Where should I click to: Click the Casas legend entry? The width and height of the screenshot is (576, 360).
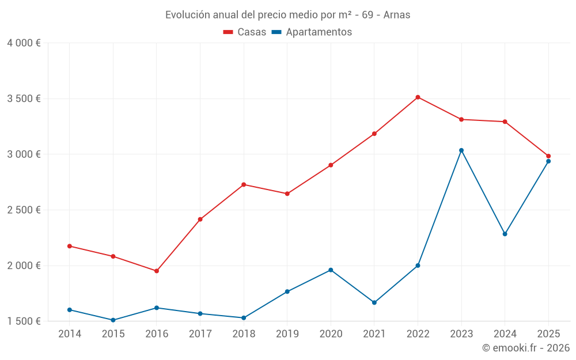coord(245,32)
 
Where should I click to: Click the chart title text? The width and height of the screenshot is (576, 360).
coord(287,15)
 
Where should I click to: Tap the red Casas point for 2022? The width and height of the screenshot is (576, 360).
coord(418,97)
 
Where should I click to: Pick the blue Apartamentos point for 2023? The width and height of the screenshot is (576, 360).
coord(461,150)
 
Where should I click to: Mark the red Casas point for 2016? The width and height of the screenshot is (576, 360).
coord(157,271)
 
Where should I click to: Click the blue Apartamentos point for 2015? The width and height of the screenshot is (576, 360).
coord(113,320)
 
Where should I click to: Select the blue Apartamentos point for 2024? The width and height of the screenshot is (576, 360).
coord(505,234)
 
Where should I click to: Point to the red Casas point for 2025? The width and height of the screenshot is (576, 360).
coord(548,156)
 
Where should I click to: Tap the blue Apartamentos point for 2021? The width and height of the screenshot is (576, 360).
coord(374,302)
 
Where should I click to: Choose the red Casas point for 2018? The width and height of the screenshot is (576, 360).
coord(244,184)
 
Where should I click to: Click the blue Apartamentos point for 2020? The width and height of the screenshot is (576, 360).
coord(331,270)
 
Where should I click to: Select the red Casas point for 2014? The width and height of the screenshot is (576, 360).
coord(70,246)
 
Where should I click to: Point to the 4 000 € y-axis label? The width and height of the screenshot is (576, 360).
coord(24,43)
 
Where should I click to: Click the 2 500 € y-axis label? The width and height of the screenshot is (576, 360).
coord(24,210)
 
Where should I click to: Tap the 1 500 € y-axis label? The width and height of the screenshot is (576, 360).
coord(24,321)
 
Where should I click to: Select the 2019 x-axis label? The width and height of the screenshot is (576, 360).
coord(287,334)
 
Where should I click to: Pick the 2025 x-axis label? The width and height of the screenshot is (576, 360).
coord(548,334)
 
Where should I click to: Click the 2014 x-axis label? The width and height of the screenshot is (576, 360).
coord(70,334)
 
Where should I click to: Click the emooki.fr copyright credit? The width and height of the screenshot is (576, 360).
coord(525,348)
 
